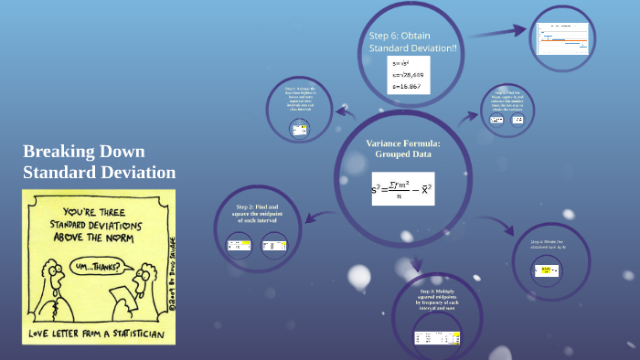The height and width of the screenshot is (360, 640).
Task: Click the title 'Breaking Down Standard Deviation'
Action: (x=99, y=162)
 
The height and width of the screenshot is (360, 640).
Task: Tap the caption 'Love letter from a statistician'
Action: (x=96, y=334)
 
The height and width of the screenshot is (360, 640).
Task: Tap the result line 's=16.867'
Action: (x=407, y=86)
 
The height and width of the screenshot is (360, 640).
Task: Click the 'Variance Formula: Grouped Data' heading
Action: (x=402, y=149)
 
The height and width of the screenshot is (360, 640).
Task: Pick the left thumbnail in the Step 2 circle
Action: (x=239, y=245)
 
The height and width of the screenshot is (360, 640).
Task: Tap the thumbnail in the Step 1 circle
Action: (x=299, y=130)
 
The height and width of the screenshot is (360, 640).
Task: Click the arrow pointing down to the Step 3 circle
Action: (x=417, y=266)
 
